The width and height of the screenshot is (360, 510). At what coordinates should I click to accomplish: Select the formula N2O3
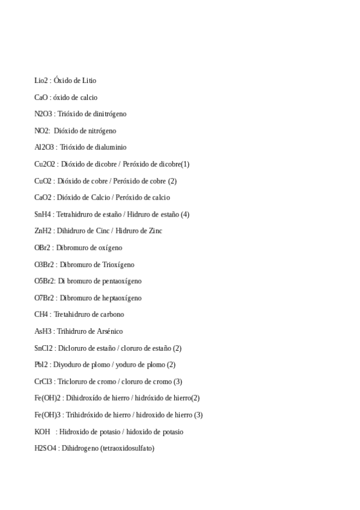click(x=43, y=114)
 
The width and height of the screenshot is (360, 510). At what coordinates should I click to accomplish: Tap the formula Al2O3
click(x=44, y=147)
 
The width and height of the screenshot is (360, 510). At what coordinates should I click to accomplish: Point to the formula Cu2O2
click(x=45, y=164)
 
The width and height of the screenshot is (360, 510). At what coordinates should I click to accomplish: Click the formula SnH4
click(x=43, y=214)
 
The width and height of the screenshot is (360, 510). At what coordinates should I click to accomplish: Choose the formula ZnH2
click(x=43, y=231)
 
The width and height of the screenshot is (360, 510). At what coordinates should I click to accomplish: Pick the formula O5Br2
click(x=44, y=281)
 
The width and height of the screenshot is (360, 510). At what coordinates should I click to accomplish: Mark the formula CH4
click(x=40, y=315)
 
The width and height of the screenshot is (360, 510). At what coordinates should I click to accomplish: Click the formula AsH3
click(x=43, y=331)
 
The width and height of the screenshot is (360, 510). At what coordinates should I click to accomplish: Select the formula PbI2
click(x=41, y=365)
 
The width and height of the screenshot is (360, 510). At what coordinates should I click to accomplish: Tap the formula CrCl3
click(x=43, y=381)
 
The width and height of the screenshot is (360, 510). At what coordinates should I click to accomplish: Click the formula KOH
click(x=42, y=432)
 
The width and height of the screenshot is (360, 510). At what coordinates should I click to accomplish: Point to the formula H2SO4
click(x=46, y=448)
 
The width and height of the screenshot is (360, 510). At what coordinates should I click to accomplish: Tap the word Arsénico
click(x=109, y=331)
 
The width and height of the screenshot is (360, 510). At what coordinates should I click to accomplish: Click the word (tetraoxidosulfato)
click(x=127, y=448)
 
